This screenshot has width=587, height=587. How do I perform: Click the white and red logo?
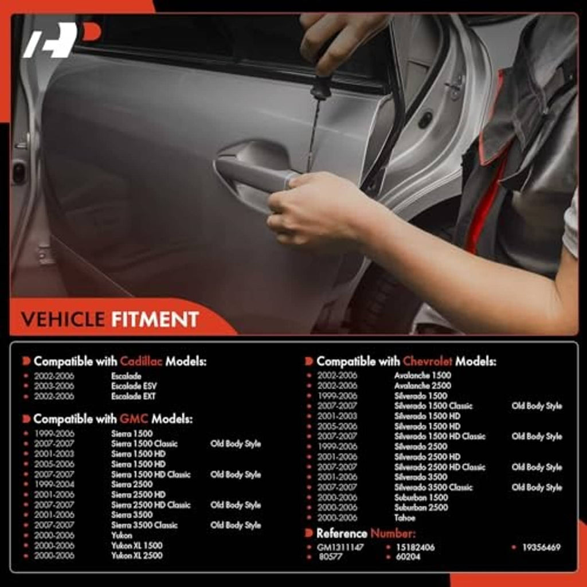tap(62, 40)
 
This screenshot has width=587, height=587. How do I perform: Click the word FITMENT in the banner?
tap(155, 319)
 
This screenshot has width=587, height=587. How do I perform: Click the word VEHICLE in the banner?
tap(63, 319)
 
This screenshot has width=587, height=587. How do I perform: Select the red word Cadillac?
tap(141, 361)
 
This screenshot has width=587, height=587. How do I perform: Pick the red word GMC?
tap(134, 419)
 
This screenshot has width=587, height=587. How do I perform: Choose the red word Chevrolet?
tap(427, 361)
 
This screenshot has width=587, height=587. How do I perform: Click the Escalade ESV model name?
tap(134, 386)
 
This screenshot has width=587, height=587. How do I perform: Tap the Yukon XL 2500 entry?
tap(136, 555)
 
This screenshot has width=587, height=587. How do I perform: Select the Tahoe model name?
tap(404, 518)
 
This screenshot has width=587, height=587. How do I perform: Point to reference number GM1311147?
tap(341, 547)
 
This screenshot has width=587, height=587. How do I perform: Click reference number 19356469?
tap(541, 547)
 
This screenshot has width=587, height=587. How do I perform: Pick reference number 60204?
tap(408, 557)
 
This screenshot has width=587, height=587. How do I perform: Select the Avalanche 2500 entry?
tap(422, 386)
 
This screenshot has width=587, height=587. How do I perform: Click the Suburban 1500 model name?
tap(421, 498)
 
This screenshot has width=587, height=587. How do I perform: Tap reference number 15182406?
tap(415, 547)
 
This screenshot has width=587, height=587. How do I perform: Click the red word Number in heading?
tap(393, 533)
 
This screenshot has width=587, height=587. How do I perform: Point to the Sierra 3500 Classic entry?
tap(144, 525)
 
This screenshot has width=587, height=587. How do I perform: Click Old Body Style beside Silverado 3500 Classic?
tap(537, 487)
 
